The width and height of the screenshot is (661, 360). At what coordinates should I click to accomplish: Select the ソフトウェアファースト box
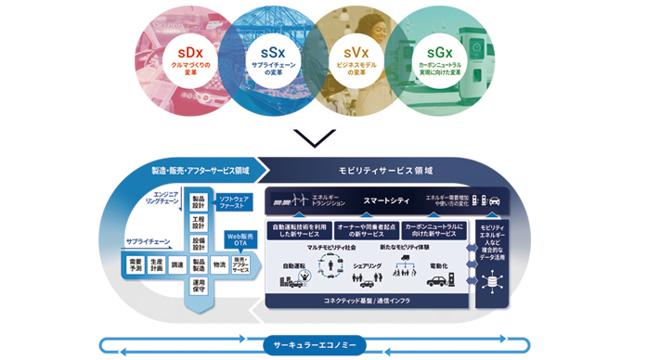(236, 202)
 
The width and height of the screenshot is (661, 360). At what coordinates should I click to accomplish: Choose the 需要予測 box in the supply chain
(136, 266)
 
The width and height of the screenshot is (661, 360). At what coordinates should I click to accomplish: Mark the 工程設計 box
(198, 223)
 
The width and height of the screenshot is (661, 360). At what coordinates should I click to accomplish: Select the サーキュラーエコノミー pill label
(316, 346)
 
